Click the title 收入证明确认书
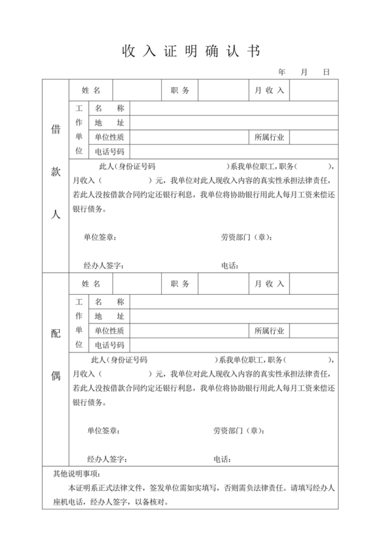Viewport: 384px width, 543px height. click(x=191, y=51)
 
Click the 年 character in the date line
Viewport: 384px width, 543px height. click(x=283, y=71)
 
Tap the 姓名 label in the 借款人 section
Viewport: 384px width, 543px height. click(x=91, y=90)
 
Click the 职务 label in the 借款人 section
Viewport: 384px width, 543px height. click(x=180, y=90)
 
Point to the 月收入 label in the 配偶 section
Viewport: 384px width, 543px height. click(x=269, y=284)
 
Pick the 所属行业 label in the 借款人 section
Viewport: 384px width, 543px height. click(x=269, y=137)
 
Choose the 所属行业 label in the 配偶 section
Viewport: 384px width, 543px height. click(x=269, y=330)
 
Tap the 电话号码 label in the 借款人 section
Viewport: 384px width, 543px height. click(x=110, y=152)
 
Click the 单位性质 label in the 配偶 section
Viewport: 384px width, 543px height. click(x=110, y=330)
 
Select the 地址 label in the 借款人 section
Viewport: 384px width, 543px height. click(x=110, y=123)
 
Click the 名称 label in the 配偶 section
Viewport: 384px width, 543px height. click(x=110, y=302)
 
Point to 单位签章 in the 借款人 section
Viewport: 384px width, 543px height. click(x=100, y=237)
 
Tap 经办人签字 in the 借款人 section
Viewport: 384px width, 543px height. click(x=104, y=265)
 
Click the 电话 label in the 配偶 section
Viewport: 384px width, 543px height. click(x=222, y=459)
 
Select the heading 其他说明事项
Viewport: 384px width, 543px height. click(x=77, y=474)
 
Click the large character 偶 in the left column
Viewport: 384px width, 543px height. click(x=56, y=375)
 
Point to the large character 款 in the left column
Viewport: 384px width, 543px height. click(x=56, y=171)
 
